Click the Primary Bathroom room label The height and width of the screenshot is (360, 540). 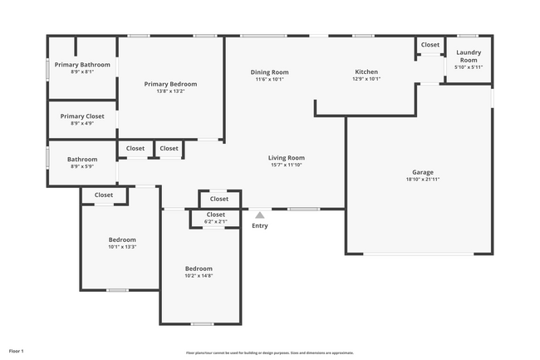82,65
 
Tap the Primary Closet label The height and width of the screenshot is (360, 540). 82,116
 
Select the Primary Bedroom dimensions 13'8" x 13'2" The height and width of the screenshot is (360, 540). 170,91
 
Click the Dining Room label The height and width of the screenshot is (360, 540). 269,72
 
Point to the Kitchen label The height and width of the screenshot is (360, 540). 366,72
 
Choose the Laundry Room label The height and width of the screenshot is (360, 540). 469,56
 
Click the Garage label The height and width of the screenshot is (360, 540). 423,172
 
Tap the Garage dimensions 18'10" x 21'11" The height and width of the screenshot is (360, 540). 423,180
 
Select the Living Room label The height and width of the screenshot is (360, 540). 286,158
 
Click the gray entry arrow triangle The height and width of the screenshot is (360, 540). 259,215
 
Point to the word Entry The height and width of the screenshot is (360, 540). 259,226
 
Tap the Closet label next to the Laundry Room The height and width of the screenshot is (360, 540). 430,45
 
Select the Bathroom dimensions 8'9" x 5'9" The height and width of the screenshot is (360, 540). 82,166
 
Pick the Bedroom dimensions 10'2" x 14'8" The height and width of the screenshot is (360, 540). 199,276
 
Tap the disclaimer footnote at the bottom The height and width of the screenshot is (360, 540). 269,353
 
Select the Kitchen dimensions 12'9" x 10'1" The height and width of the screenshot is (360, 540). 366,80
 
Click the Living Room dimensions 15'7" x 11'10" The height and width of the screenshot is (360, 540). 286,165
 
